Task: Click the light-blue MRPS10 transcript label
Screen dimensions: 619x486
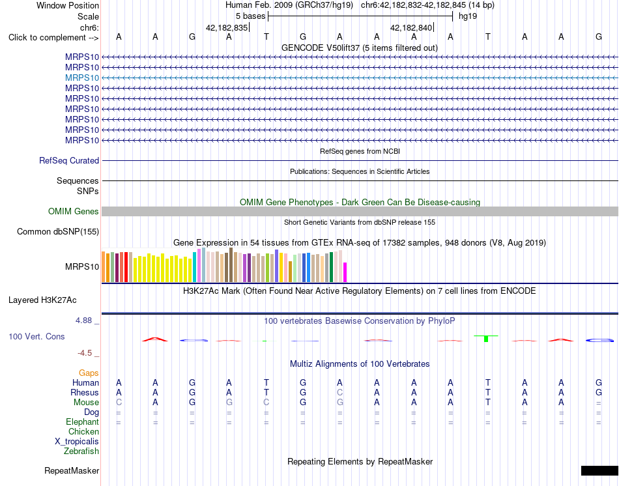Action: point(82,78)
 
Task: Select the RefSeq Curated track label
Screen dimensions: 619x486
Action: point(69,161)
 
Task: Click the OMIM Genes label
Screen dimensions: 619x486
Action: point(74,211)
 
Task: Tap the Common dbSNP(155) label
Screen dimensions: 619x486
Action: point(58,232)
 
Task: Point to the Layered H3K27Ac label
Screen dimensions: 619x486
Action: point(42,300)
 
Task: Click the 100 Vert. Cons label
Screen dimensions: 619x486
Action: point(36,336)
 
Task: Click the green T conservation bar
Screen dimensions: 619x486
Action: point(486,338)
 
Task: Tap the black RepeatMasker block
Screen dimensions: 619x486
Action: point(599,470)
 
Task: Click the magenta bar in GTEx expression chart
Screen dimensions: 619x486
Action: point(345,272)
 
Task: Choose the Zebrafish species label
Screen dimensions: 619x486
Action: point(81,451)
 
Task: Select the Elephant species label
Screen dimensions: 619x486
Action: point(83,422)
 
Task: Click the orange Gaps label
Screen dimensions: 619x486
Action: point(89,373)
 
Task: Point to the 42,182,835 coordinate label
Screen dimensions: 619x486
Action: point(227,27)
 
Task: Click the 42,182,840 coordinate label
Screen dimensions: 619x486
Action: point(411,27)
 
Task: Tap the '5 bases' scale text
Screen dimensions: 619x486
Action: point(251,16)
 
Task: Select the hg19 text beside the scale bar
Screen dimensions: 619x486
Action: point(468,16)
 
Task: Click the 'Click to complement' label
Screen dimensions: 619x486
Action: point(53,38)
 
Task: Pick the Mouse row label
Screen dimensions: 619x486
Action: point(86,403)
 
